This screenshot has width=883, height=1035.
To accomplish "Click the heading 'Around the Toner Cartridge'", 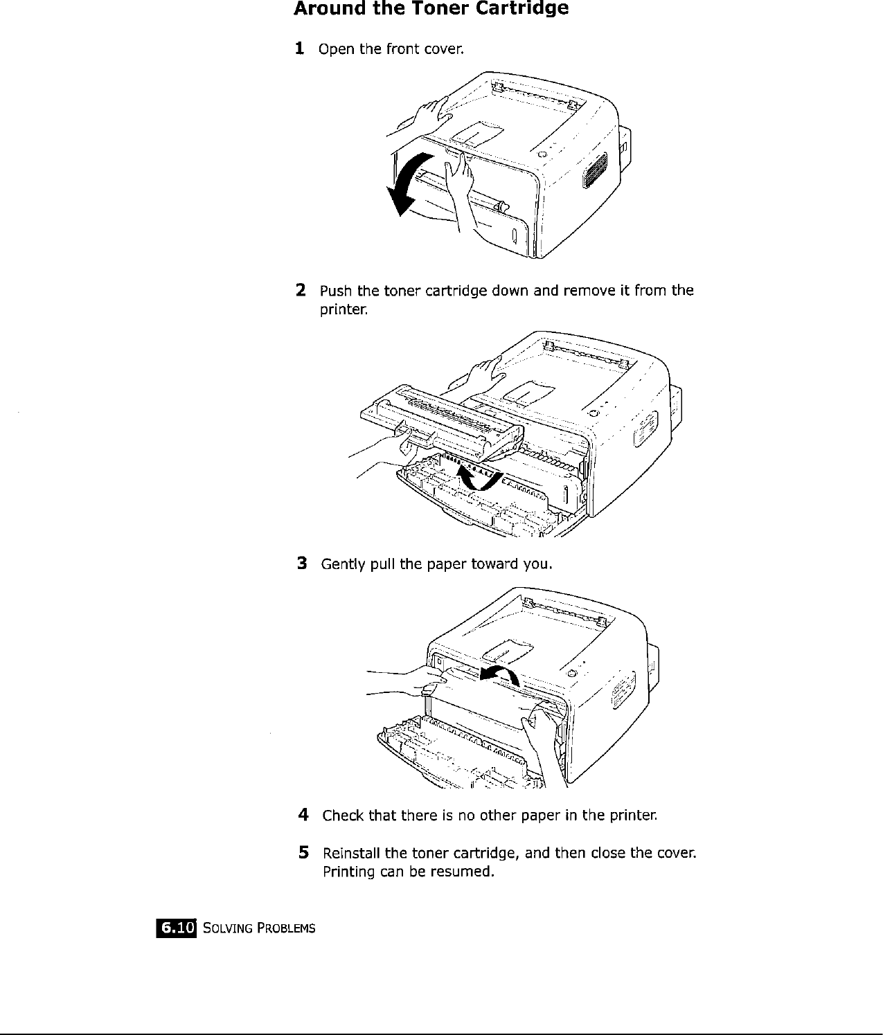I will tap(431, 10).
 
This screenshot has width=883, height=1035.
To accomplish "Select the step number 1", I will tap(298, 48).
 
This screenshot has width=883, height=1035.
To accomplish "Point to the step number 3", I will tap(301, 564).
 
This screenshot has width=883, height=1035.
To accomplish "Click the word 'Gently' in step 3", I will tap(341, 564).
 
